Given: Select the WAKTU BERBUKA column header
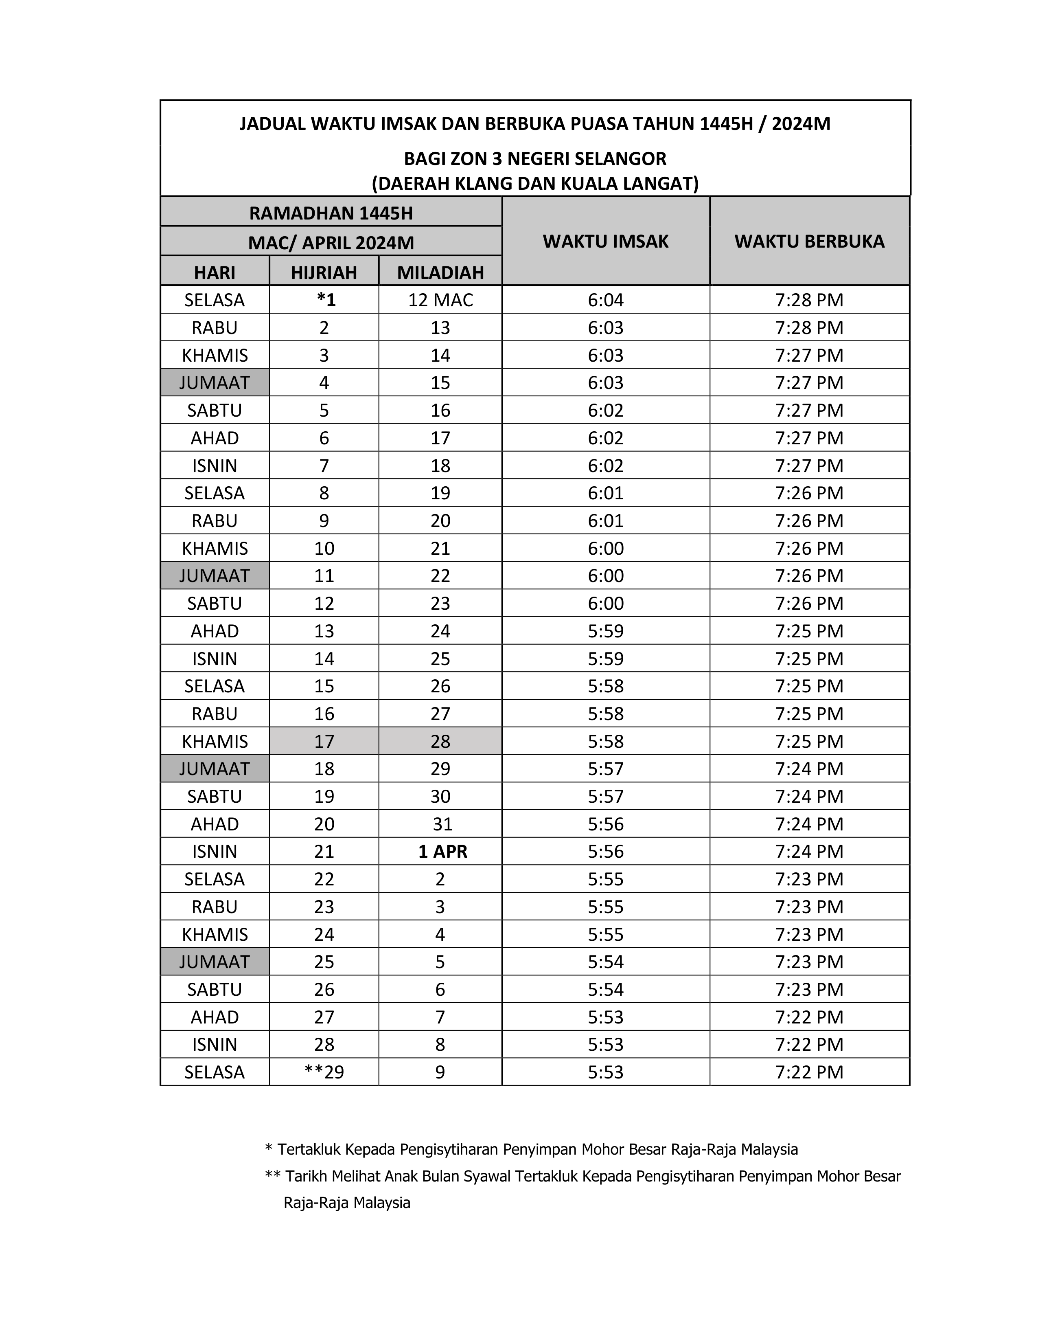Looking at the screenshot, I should pos(809,241).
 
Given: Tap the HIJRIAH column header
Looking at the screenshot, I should pos(324,272).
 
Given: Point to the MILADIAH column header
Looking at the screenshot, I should pos(440,272).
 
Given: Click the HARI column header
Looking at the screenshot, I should pos(215,272).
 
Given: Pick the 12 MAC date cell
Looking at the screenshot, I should pos(440,300).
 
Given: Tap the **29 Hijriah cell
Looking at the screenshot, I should pos(324,1072).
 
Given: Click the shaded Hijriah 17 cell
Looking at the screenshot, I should pos(324,741).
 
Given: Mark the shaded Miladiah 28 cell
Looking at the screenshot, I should pos(440,741).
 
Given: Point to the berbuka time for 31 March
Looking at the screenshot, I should pos(809,824).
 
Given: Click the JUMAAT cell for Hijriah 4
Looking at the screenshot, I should pos(215,383).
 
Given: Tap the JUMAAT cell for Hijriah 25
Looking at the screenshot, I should pos(215,962).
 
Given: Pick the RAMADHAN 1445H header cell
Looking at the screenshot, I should pos(331,213).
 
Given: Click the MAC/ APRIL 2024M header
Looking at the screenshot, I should pos(331,242).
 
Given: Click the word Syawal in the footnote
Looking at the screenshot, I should pos(487,1177).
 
